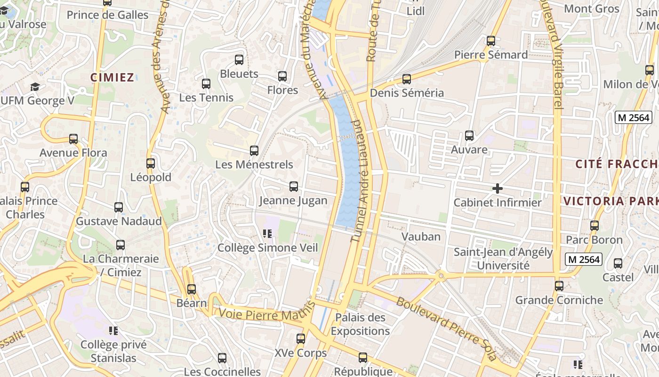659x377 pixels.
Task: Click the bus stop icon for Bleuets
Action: click(239, 60)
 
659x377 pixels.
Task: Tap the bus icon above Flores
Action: click(282, 76)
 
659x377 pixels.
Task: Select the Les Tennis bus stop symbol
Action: click(206, 84)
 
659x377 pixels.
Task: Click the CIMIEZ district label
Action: click(113, 78)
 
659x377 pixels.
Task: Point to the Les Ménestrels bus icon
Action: click(254, 151)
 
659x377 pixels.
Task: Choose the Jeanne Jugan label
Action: click(293, 201)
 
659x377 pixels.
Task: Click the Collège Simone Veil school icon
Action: click(268, 233)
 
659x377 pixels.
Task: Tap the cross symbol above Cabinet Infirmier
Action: click(497, 188)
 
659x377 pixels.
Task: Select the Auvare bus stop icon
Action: click(469, 136)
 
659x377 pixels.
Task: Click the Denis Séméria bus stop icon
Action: click(407, 79)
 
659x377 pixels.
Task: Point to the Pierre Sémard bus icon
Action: click(491, 41)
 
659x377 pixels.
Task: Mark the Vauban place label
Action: click(421, 237)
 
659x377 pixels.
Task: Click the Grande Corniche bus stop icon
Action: click(559, 286)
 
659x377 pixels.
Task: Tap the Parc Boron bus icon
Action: click(595, 226)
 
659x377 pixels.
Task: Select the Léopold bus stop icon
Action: click(151, 164)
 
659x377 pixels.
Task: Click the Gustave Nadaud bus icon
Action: click(119, 207)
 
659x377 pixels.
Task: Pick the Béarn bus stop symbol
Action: click(192, 289)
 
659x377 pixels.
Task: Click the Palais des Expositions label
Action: click(360, 324)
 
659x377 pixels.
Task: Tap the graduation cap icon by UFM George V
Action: click(35, 87)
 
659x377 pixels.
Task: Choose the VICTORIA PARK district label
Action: click(611, 201)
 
